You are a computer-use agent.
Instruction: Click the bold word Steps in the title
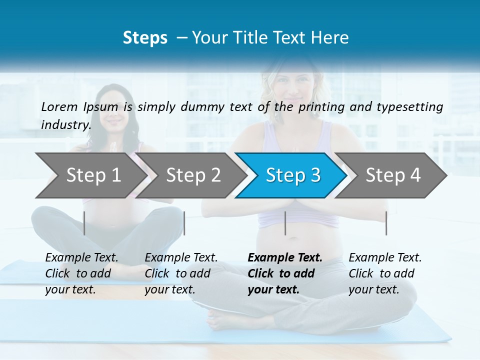click(x=145, y=38)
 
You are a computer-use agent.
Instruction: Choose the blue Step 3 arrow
click(x=293, y=175)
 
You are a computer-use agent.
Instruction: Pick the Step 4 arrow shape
click(x=393, y=175)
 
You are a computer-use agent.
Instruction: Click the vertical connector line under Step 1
click(x=84, y=223)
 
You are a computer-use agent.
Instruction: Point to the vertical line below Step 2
click(x=184, y=223)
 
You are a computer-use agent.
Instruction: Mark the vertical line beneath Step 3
click(x=285, y=223)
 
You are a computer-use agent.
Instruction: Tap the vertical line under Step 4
click(x=386, y=223)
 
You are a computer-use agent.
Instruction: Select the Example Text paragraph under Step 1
click(x=81, y=273)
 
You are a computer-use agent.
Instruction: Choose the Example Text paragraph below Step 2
click(x=181, y=273)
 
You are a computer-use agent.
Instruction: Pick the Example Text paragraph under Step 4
click(x=385, y=273)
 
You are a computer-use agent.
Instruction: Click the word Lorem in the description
click(x=60, y=106)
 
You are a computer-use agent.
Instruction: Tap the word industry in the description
click(x=65, y=124)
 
